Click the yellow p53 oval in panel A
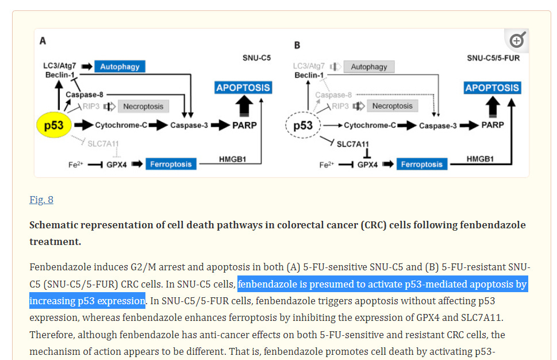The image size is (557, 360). coord(53,125)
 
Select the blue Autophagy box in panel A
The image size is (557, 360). coord(120,67)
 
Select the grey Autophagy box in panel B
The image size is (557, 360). coord(369,67)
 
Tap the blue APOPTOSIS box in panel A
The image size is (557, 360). coord(243,88)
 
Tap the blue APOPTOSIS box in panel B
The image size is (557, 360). coord(492,88)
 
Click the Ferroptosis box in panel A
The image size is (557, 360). coord(171,164)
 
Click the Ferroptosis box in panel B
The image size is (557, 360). coord(422,164)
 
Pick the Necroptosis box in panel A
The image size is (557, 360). coord(144,106)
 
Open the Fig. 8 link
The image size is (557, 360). coord(41,200)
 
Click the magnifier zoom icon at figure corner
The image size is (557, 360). coord(517,40)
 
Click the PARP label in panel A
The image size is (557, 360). coord(244,125)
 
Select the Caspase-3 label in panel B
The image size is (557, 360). coord(437,125)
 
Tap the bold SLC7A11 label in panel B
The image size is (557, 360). coord(353,144)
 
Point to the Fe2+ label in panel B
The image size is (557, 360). coord(326,165)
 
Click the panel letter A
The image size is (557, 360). coord(43,41)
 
